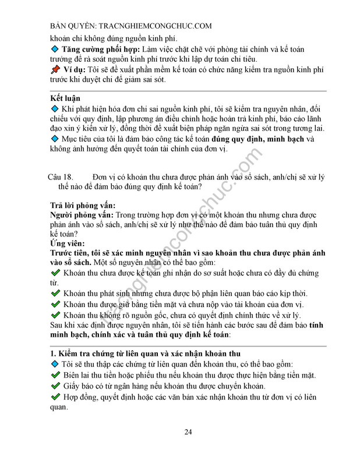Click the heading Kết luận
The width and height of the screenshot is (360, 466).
point(65,98)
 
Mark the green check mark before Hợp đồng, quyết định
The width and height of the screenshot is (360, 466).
point(55,398)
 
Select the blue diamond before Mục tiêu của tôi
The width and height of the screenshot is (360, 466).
point(55,139)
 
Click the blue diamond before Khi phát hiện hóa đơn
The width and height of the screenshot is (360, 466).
point(55,109)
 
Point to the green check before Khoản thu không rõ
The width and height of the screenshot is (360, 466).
point(55,315)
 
